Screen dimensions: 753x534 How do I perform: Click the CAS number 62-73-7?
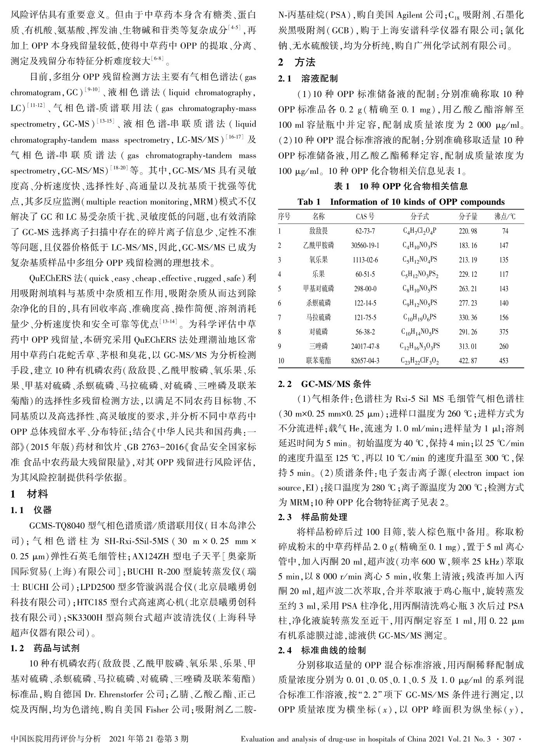(x=365, y=231)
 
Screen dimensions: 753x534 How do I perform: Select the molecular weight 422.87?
(x=468, y=361)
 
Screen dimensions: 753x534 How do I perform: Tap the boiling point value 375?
(x=503, y=332)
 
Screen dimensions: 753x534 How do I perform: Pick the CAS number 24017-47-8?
(x=365, y=346)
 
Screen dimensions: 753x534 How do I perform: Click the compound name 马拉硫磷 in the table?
(x=318, y=318)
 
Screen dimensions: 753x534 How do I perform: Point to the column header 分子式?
(x=419, y=217)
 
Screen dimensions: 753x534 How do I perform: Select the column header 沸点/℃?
(x=505, y=217)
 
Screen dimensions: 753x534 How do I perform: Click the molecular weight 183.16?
(x=468, y=246)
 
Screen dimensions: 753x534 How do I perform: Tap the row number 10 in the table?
(x=281, y=361)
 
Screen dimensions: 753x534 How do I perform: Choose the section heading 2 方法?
(x=297, y=62)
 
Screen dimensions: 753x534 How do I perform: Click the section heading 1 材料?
(x=30, y=494)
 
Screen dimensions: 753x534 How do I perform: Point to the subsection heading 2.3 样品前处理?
(x=313, y=517)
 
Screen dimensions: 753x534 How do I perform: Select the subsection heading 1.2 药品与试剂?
(x=46, y=648)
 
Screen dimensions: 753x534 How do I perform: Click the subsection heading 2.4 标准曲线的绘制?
(x=322, y=650)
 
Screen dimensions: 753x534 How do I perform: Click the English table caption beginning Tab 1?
(x=401, y=202)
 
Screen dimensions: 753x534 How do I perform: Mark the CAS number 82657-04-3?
(x=365, y=361)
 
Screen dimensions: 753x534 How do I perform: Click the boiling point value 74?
(x=505, y=231)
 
